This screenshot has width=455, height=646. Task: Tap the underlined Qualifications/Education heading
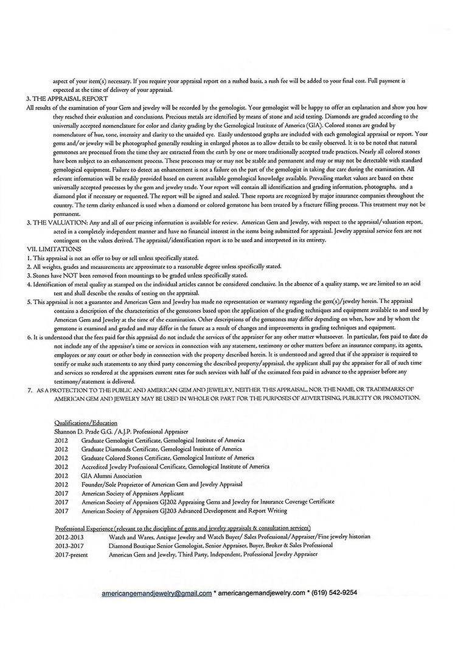pyautogui.click(x=86, y=422)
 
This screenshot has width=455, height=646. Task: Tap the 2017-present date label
pyautogui.click(x=72, y=555)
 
